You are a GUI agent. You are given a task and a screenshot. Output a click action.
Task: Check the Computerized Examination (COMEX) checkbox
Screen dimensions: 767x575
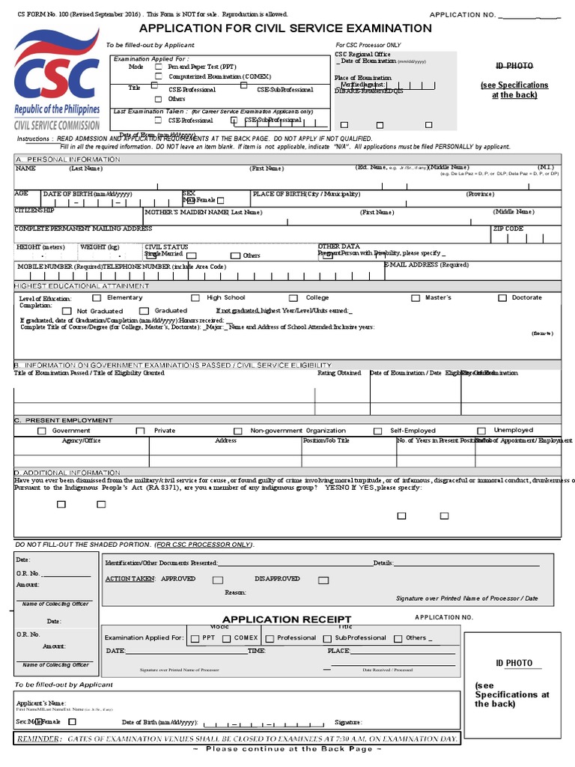pyautogui.click(x=157, y=76)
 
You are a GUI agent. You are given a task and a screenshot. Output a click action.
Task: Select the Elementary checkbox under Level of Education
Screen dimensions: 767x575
pyautogui.click(x=97, y=298)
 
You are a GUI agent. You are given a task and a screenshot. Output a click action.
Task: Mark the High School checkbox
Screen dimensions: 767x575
pyautogui.click(x=195, y=298)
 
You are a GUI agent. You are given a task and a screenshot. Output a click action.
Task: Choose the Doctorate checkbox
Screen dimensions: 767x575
pyautogui.click(x=502, y=298)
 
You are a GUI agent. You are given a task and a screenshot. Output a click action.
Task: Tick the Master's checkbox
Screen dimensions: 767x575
pyautogui.click(x=416, y=298)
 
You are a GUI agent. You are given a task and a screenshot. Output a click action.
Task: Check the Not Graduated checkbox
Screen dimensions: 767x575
pyautogui.click(x=67, y=311)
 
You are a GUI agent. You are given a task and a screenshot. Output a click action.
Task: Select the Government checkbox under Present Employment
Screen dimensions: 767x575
pyautogui.click(x=41, y=431)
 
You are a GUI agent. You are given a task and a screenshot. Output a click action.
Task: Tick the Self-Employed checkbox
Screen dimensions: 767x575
pyautogui.click(x=378, y=431)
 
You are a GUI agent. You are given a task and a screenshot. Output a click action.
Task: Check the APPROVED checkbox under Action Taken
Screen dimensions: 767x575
pyautogui.click(x=217, y=580)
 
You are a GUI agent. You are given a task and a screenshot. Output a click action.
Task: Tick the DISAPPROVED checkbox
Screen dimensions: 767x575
pyautogui.click(x=323, y=580)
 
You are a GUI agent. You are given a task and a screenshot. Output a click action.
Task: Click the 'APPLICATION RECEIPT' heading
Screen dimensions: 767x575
pyautogui.click(x=286, y=619)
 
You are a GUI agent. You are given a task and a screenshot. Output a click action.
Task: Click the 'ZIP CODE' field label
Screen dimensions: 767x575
pyautogui.click(x=508, y=228)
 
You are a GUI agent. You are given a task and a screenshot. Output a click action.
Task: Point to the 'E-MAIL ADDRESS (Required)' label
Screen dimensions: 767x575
pyautogui.click(x=426, y=264)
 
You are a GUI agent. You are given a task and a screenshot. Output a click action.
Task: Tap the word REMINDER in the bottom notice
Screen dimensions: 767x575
pyautogui.click(x=39, y=739)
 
